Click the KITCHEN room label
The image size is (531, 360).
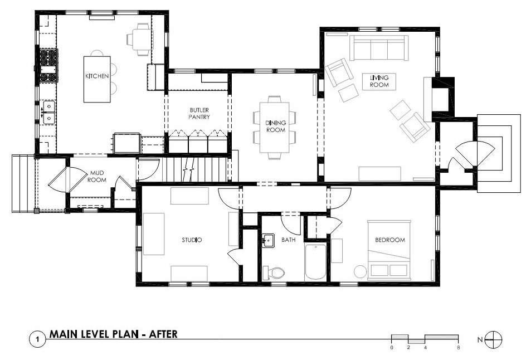click(97, 76)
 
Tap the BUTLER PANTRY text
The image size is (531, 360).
click(199, 114)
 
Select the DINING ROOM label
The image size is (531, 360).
click(276, 127)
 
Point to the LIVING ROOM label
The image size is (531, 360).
click(379, 81)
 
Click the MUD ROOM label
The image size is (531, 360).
click(97, 177)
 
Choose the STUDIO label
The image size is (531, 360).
click(192, 240)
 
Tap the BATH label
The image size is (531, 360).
click(289, 240)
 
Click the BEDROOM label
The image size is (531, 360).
click(390, 240)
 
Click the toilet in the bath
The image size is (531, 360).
click(274, 273)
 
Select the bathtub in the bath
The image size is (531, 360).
click(315, 261)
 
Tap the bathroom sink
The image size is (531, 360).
click(268, 240)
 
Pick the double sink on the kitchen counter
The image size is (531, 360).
click(48, 112)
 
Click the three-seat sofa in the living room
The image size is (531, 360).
click(378, 48)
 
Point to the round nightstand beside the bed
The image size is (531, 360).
click(361, 271)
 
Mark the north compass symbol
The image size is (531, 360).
click(494, 339)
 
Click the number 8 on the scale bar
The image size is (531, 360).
click(458, 348)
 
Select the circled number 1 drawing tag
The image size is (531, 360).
click(37, 339)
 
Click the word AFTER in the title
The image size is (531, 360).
click(164, 334)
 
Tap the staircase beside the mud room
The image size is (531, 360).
click(194, 169)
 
